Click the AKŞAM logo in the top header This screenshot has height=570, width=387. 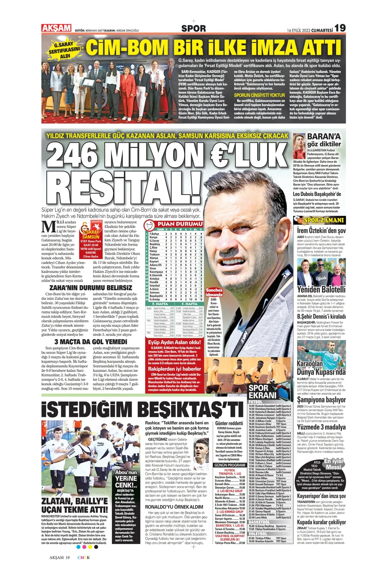[x=56, y=28]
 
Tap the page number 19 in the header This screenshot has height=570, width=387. [x=340, y=28]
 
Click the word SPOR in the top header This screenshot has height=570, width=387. [x=193, y=28]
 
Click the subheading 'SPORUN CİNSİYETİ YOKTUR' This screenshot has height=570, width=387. [x=260, y=95]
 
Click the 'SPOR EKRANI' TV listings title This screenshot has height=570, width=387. [x=262, y=391]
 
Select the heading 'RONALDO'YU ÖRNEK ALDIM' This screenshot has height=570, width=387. [x=174, y=507]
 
